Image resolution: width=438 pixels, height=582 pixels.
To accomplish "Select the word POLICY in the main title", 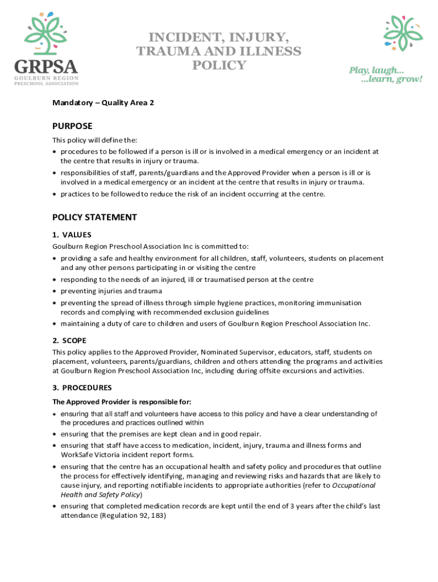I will (x=219, y=65).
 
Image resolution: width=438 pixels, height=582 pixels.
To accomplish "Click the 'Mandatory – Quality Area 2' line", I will (x=103, y=103).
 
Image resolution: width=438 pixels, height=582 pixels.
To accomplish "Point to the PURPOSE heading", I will (x=72, y=126).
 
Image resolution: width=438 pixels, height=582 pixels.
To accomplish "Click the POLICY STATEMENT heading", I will (x=94, y=217).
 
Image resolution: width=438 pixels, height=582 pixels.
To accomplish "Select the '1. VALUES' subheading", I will (x=72, y=235).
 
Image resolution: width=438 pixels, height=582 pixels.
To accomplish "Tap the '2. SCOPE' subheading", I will (x=69, y=340).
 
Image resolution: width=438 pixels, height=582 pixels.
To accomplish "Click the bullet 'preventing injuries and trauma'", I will (x=111, y=291).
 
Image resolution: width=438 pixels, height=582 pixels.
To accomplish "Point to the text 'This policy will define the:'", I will (x=95, y=140).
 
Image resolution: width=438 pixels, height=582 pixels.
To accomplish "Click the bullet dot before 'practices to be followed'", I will (x=55, y=194).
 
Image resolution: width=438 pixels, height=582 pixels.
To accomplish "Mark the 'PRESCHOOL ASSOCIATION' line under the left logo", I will (x=47, y=83).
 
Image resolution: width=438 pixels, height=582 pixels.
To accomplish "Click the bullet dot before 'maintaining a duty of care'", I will (x=55, y=324).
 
